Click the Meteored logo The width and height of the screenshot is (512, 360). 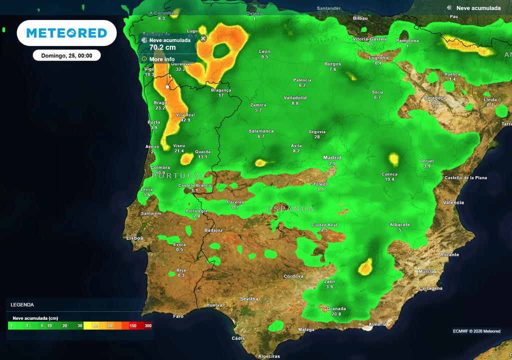pyautogui.click(x=66, y=33)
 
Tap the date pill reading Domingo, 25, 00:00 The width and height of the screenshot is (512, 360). pyautogui.click(x=66, y=55)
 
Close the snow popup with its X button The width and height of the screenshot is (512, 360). pyautogui.click(x=203, y=38)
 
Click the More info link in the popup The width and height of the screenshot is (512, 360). pyautogui.click(x=162, y=59)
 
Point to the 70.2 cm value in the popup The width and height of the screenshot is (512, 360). pyautogui.click(x=162, y=47)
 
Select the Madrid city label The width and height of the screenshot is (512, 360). pyautogui.click(x=332, y=157)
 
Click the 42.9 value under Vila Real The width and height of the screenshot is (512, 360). pyautogui.click(x=185, y=120)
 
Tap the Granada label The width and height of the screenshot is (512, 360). pyautogui.click(x=336, y=308)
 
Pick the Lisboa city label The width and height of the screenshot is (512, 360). pyautogui.click(x=134, y=238)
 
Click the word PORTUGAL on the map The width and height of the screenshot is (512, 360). pyautogui.click(x=178, y=176)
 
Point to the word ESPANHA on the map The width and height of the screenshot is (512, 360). pyautogui.click(x=290, y=209)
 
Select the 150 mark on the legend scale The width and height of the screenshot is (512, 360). pyautogui.click(x=133, y=326)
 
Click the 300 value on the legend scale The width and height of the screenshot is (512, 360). pyautogui.click(x=148, y=326)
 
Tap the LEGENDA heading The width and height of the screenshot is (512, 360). pyautogui.click(x=22, y=304)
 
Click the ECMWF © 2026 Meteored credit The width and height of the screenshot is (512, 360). pyautogui.click(x=476, y=331)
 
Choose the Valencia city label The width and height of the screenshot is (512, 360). pyautogui.click(x=453, y=202)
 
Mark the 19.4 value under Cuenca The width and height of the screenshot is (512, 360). pyautogui.click(x=389, y=179)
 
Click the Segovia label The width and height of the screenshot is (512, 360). pyautogui.click(x=317, y=131)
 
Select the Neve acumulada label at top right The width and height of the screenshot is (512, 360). pyautogui.click(x=478, y=8)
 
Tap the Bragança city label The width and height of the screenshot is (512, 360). pyautogui.click(x=221, y=90)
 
